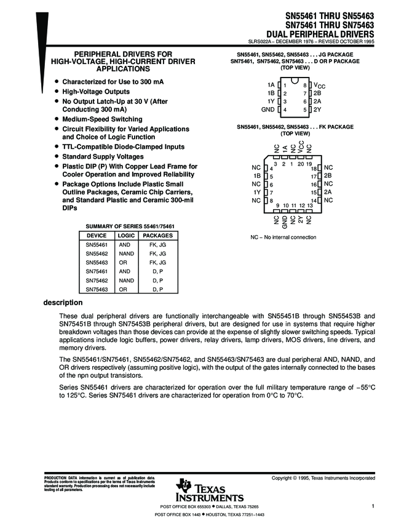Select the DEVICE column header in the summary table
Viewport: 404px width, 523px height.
97,236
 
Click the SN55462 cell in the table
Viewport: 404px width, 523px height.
97,254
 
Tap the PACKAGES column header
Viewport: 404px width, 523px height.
157,236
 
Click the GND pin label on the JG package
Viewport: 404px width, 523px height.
267,110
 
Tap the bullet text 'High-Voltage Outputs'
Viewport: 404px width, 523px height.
95,90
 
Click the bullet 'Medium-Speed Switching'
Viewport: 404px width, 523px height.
102,119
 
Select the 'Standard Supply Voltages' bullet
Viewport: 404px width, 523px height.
105,156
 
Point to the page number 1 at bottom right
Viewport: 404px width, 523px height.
373,505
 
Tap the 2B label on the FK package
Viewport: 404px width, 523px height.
328,175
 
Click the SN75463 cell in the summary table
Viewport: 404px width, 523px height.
97,289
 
